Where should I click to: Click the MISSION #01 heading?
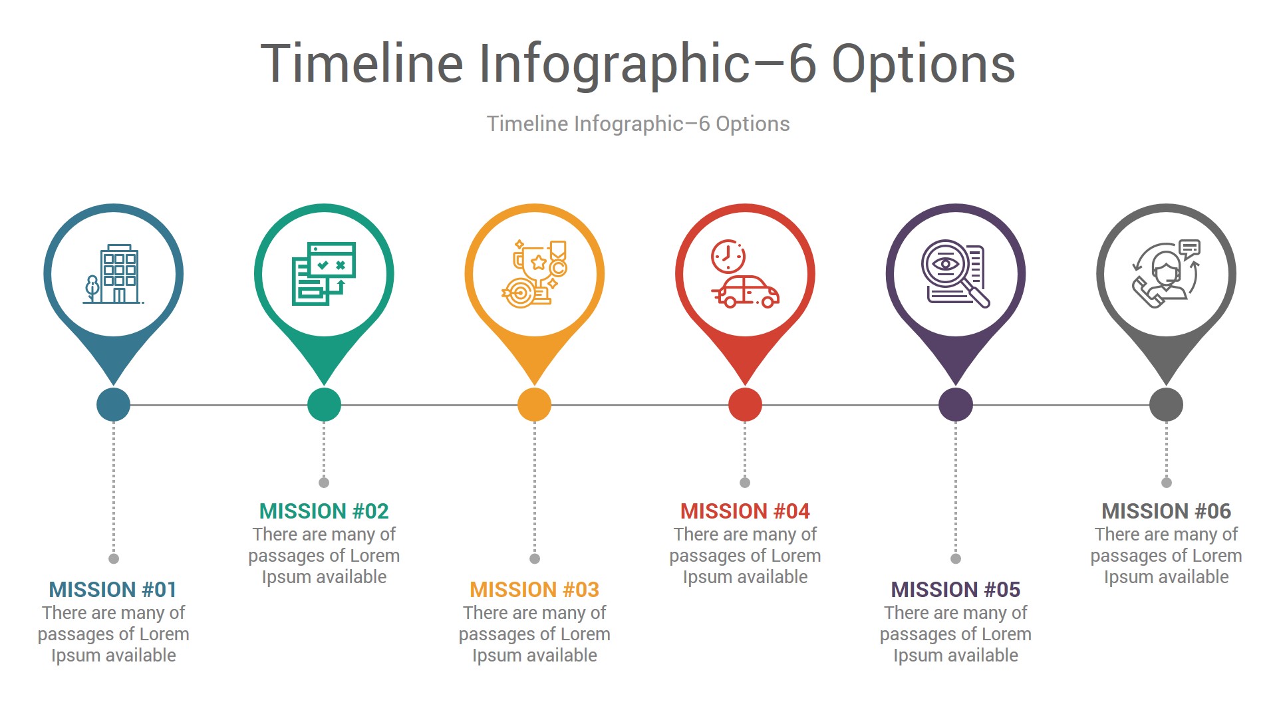coord(113,590)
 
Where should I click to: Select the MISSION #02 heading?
coord(324,511)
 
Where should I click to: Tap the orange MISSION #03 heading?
coord(535,590)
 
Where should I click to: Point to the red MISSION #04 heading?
coord(745,511)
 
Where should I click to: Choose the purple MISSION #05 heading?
coord(956,590)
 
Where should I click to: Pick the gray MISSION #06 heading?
coord(1166,511)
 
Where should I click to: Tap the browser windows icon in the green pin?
coord(324,274)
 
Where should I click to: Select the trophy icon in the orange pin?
coord(535,274)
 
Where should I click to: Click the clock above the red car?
coord(728,256)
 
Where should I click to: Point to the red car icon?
coord(746,292)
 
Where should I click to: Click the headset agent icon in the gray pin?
coord(1167,274)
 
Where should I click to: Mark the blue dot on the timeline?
coord(113,404)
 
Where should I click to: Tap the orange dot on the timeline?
coord(535,404)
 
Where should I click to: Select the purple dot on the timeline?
coord(956,404)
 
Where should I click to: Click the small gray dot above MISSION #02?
coord(324,482)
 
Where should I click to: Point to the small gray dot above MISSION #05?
coord(956,558)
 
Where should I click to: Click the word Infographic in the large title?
coord(615,64)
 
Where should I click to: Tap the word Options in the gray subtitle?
coord(753,124)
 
